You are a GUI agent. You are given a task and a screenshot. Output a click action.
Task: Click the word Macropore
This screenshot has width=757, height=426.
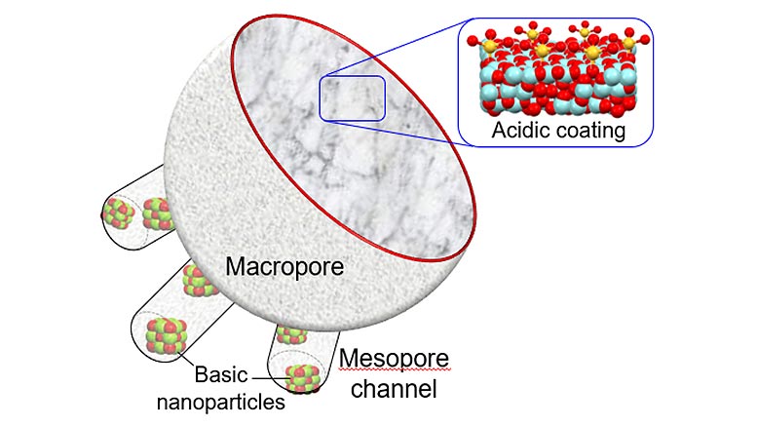pyautogui.click(x=284, y=267)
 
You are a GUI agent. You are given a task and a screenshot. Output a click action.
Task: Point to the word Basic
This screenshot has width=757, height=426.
pyautogui.click(x=221, y=374)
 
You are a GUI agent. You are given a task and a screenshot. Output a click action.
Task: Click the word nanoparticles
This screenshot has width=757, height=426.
pyautogui.click(x=221, y=402)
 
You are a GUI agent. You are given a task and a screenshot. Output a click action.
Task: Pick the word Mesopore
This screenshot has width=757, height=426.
pyautogui.click(x=394, y=360)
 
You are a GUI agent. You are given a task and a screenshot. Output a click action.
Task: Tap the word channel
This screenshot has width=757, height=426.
pyautogui.click(x=394, y=389)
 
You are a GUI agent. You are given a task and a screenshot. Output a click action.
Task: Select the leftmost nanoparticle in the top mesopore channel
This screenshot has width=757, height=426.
pyautogui.click(x=119, y=213)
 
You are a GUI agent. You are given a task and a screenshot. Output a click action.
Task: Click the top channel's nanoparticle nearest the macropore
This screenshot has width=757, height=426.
pyautogui.click(x=158, y=214)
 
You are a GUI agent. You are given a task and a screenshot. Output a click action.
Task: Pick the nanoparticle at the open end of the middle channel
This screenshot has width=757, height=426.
pyautogui.click(x=166, y=335)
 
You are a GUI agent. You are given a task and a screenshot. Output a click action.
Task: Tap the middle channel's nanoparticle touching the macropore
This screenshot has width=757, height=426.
pyautogui.click(x=199, y=281)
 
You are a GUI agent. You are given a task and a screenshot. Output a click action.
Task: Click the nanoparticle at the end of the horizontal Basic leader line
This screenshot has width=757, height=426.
pyautogui.click(x=303, y=378)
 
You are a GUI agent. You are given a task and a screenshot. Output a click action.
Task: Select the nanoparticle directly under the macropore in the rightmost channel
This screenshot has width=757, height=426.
pyautogui.click(x=292, y=334)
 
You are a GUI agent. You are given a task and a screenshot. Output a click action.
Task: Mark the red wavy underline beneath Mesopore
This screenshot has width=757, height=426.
pyautogui.click(x=395, y=369)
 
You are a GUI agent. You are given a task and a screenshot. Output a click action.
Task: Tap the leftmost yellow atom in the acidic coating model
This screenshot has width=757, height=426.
pyautogui.click(x=490, y=47)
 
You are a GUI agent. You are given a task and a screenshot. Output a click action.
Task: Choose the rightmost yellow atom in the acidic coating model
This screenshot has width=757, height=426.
pyautogui.click(x=628, y=43)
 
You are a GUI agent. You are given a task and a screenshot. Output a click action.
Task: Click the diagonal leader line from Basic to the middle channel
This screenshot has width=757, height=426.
pyautogui.click(x=186, y=360)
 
